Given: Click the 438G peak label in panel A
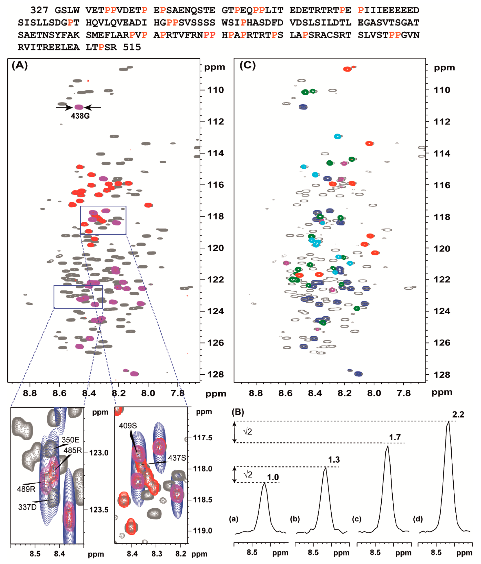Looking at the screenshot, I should [80, 116].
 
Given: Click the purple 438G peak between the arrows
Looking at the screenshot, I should [79, 107].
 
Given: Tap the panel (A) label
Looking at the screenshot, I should [20, 65].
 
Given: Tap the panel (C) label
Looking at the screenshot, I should [247, 65].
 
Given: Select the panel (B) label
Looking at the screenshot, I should [238, 412].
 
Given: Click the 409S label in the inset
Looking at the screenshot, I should [128, 425].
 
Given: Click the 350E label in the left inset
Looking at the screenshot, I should [70, 440].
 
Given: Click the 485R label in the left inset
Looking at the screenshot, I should [73, 450].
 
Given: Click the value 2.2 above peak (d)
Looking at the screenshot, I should [458, 415].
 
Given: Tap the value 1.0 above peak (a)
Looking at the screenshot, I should [273, 477].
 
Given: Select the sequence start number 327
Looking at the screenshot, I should [39, 10].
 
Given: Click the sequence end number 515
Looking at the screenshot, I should [132, 47].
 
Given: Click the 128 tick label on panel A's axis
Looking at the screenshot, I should [216, 375].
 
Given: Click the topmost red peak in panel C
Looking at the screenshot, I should [347, 69].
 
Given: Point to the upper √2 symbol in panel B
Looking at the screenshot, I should [247, 431].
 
